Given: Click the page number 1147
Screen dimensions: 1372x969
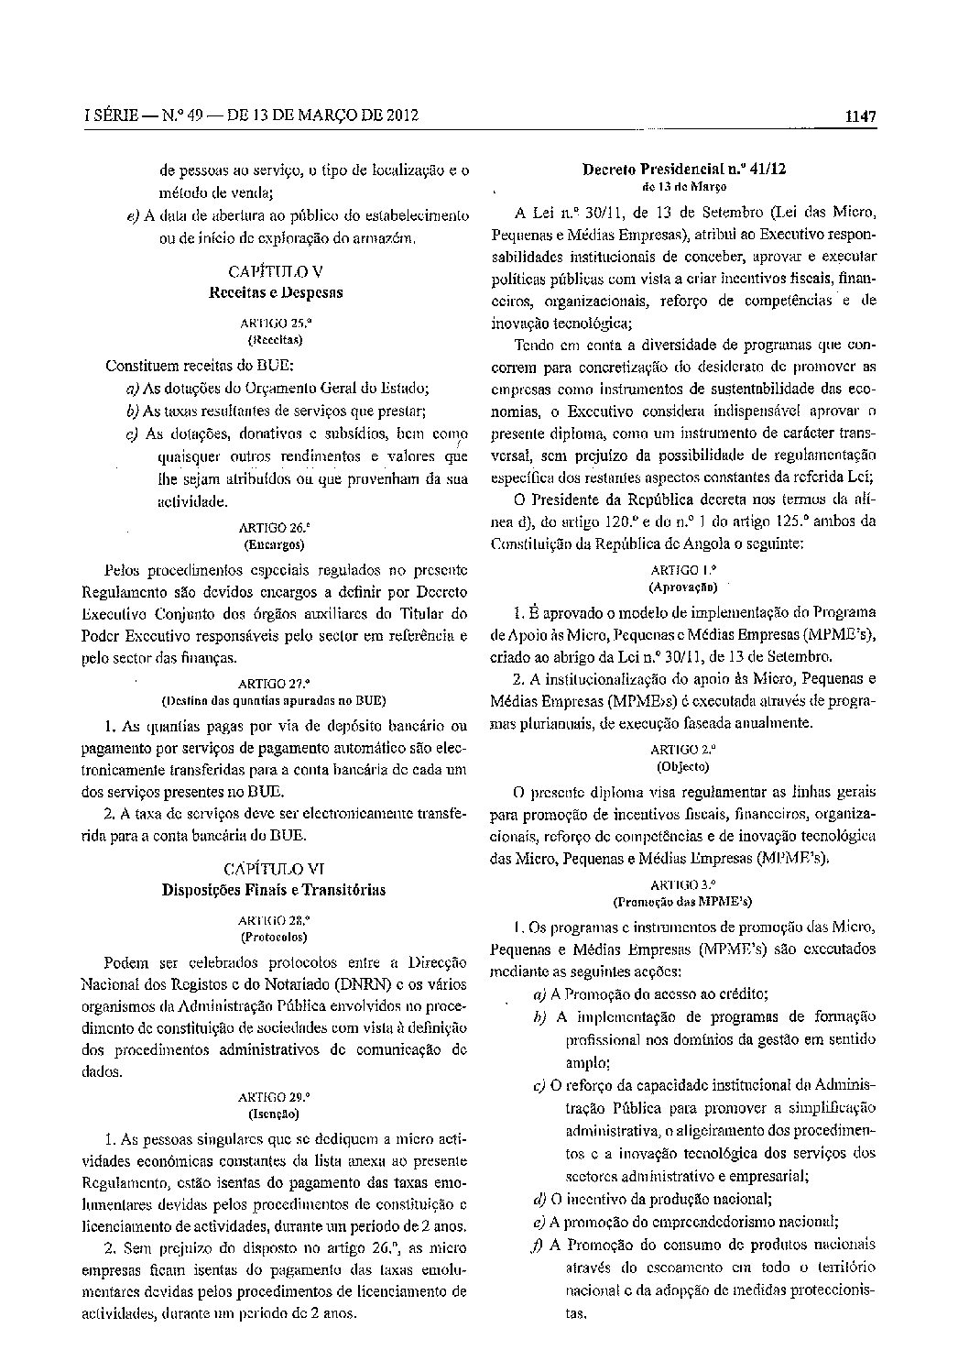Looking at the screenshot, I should coord(861,116).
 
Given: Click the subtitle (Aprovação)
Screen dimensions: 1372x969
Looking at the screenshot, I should coord(682,584).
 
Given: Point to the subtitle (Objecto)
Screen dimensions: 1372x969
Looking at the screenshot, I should coord(682,765).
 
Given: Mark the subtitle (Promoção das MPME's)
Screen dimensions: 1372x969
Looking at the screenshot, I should coord(682,901).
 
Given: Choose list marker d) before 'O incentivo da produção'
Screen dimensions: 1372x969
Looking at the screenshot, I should coord(539,1198).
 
